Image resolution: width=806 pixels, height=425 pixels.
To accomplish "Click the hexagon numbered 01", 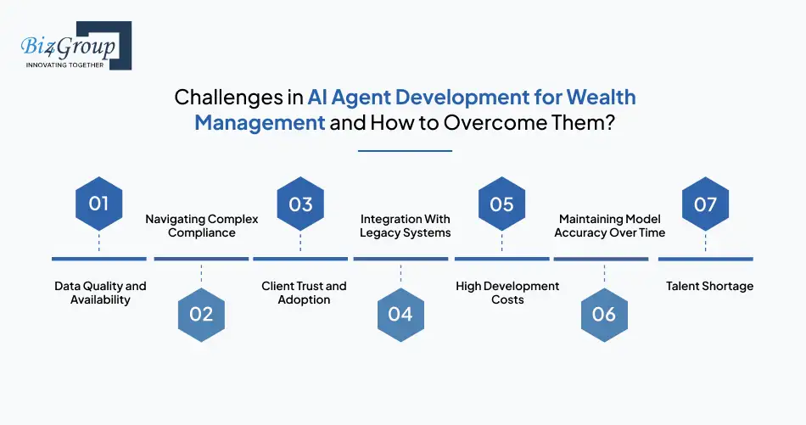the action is (98, 204).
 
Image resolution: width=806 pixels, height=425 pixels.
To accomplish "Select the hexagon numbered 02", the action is (201, 315).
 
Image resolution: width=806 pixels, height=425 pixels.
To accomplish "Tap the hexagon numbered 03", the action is (300, 204).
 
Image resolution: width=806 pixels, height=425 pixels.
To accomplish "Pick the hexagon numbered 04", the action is (400, 315).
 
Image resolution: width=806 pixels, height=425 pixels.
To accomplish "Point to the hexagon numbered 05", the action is (501, 204).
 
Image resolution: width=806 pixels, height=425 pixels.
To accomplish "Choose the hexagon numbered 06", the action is (604, 315).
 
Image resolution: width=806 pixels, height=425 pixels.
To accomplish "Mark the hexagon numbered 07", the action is (705, 204).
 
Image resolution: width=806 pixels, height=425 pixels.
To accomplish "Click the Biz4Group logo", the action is (76, 46).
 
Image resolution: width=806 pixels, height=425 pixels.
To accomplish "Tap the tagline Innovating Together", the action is (64, 65).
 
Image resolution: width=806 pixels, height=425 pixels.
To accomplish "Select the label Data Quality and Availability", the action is (100, 293).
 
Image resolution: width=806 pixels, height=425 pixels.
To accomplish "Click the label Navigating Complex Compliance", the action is (202, 226).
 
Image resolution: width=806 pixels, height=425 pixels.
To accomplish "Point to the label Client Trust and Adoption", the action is (304, 293).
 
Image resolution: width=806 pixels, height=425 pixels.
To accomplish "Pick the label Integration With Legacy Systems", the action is (405, 226).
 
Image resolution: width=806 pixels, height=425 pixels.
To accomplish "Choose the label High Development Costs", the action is (507, 293).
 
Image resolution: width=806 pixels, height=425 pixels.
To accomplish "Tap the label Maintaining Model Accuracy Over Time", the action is (610, 226).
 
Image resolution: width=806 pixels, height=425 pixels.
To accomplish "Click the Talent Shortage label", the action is (709, 286).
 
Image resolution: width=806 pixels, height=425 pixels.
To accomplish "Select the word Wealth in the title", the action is (601, 97).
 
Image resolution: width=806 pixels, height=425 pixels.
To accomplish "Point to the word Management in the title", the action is (260, 123).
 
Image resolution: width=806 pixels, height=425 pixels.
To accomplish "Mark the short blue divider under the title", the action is (405, 151).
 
